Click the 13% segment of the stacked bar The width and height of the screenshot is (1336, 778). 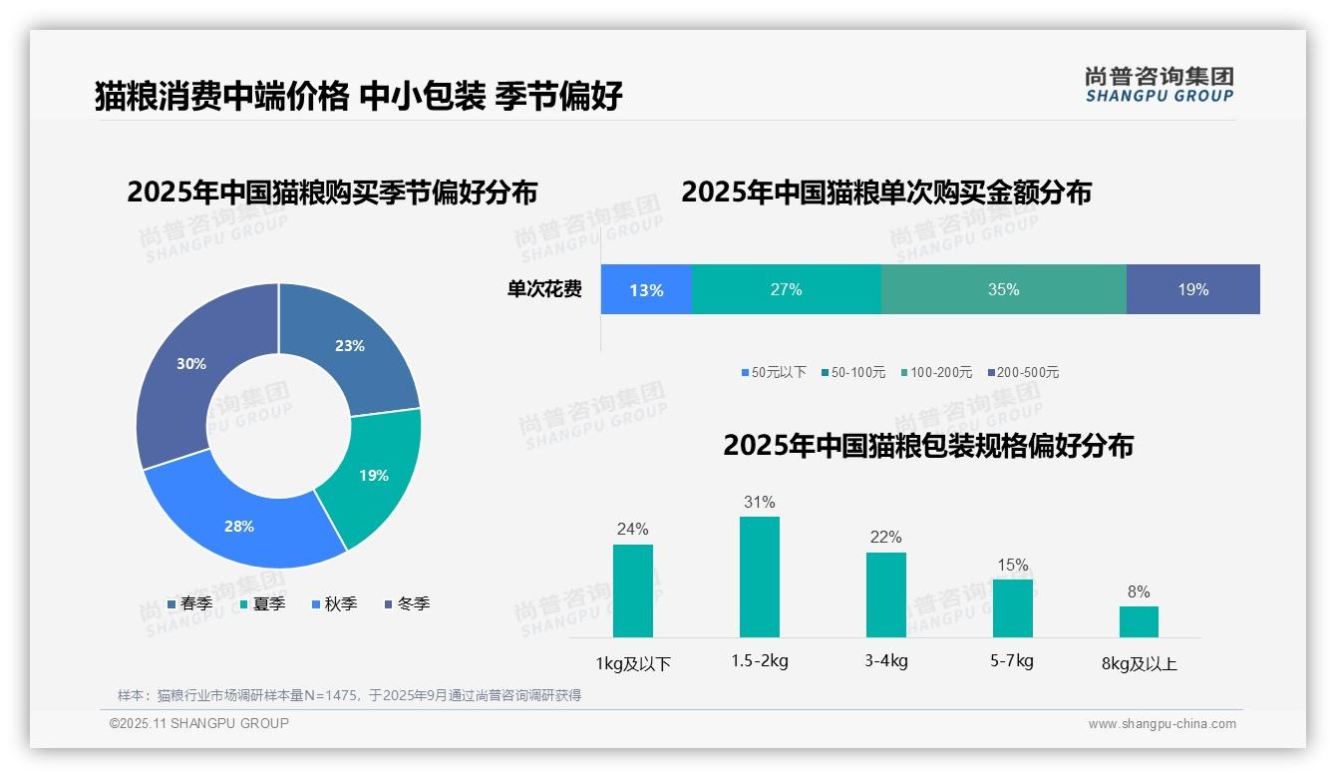click(646, 290)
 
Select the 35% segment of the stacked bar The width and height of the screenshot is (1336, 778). click(1003, 290)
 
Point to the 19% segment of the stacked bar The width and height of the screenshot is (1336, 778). click(1192, 290)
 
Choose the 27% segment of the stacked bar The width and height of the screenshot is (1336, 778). click(786, 290)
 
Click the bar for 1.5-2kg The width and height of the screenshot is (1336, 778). click(759, 577)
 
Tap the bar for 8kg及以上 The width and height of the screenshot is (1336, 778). click(1139, 621)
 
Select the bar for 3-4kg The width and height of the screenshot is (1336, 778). click(885, 594)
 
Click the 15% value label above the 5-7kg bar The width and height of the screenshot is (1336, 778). click(1012, 566)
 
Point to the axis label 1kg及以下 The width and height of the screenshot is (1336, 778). click(633, 663)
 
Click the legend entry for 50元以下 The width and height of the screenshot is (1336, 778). click(774, 373)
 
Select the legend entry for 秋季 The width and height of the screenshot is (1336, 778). click(334, 604)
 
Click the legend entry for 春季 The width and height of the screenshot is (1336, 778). click(189, 604)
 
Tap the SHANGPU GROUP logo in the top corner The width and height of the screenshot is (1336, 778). click(1159, 85)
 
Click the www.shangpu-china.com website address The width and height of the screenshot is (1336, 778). click(1162, 724)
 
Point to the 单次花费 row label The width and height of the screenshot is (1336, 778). click(544, 290)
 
